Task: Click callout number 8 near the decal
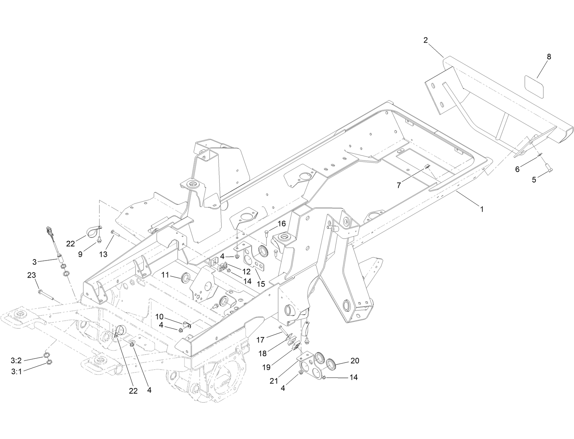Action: click(548, 57)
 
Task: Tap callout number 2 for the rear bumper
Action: click(425, 40)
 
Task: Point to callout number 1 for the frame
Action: click(482, 209)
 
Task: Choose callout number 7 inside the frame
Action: click(399, 185)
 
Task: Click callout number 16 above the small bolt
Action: click(281, 224)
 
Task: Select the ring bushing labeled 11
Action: click(185, 278)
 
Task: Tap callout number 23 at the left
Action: click(31, 276)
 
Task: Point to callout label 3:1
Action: click(16, 372)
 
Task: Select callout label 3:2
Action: click(16, 360)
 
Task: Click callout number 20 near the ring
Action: click(354, 361)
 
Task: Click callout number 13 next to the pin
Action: click(103, 254)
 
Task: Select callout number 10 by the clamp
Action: click(159, 317)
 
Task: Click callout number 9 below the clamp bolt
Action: click(80, 254)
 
